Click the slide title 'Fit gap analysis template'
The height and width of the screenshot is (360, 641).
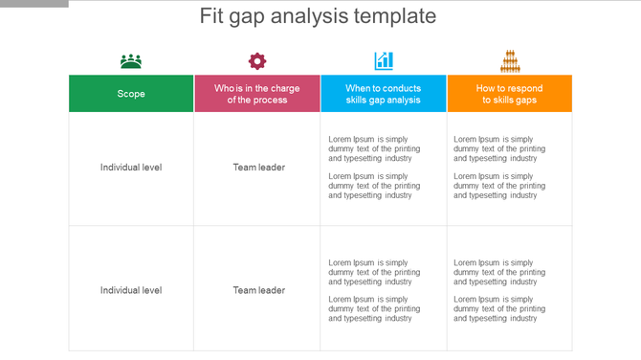pos(318,16)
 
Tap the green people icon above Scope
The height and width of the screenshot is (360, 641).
pos(131,61)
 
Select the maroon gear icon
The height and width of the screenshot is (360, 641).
pos(257,61)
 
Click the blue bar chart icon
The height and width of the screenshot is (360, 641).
pos(384,61)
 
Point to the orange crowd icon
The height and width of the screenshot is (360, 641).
pos(509,61)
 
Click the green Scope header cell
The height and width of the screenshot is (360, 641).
pos(131,93)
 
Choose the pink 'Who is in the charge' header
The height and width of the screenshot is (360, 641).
pos(257,93)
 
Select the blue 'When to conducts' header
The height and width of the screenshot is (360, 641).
pos(384,93)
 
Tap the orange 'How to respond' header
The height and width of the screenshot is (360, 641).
pos(510,93)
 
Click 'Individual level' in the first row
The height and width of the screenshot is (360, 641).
pos(131,168)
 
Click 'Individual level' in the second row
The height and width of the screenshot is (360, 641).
pos(131,290)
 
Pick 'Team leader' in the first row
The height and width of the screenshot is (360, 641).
pos(258,168)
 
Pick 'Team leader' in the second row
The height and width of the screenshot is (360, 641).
pos(258,290)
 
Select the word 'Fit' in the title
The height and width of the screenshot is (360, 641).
pos(212,16)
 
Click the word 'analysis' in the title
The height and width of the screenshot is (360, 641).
pos(313,17)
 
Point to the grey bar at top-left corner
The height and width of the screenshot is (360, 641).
pos(34,3)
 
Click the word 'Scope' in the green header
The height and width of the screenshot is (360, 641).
pos(131,94)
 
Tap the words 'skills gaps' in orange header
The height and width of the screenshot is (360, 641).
pos(509,100)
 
